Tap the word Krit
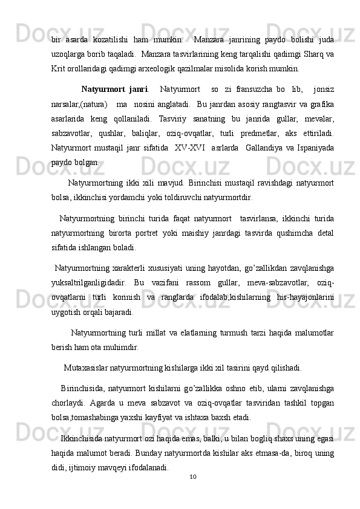click(59, 66)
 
